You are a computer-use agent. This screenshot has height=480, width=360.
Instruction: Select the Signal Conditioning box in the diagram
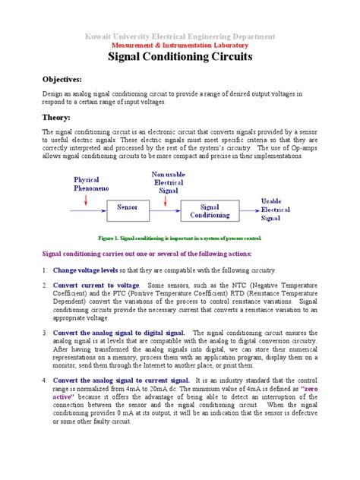[209, 210]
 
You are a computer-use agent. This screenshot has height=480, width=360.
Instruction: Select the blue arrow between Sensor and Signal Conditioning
[169, 207]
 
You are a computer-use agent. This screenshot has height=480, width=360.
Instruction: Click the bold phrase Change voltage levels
[86, 270]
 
